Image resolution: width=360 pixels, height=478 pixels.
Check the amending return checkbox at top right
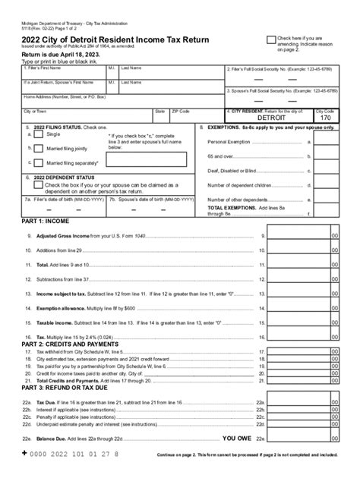[271, 39]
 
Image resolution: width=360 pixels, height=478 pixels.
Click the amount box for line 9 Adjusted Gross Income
[299, 236]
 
